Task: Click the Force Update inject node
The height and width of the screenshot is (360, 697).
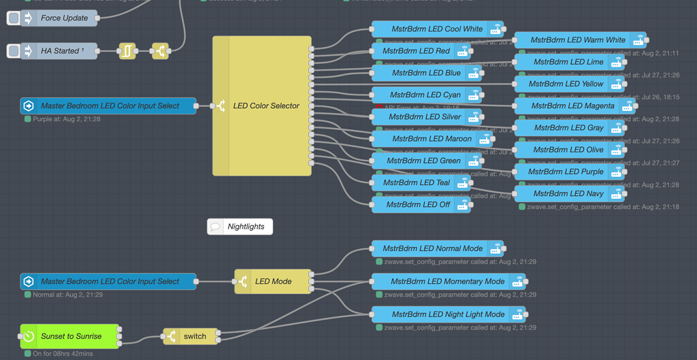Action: tap(65, 18)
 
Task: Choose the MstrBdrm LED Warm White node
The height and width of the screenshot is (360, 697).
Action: tap(577, 40)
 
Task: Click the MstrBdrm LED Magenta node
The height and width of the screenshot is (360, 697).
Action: tap(573, 105)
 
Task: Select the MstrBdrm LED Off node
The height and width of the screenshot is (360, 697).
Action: tap(418, 204)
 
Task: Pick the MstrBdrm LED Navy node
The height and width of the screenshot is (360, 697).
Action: tap(568, 194)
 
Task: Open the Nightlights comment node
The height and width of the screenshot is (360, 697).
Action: tap(240, 227)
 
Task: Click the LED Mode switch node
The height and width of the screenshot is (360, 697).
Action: tap(272, 281)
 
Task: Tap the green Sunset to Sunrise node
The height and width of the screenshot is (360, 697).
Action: tap(70, 336)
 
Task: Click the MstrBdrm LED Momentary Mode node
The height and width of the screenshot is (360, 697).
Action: tap(448, 281)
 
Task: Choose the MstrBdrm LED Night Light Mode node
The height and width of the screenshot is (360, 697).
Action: tap(448, 314)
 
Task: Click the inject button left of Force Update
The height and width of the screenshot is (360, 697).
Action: tap(14, 18)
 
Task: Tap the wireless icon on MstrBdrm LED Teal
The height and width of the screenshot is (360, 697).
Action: tap(463, 182)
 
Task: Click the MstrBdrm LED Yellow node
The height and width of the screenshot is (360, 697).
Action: tap(568, 84)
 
